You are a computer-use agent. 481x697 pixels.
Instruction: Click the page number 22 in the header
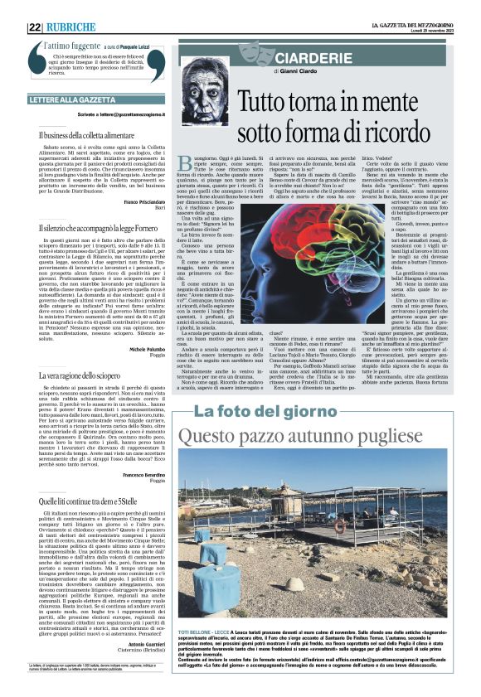35,27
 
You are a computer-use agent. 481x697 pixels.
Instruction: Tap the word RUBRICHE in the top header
70,27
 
